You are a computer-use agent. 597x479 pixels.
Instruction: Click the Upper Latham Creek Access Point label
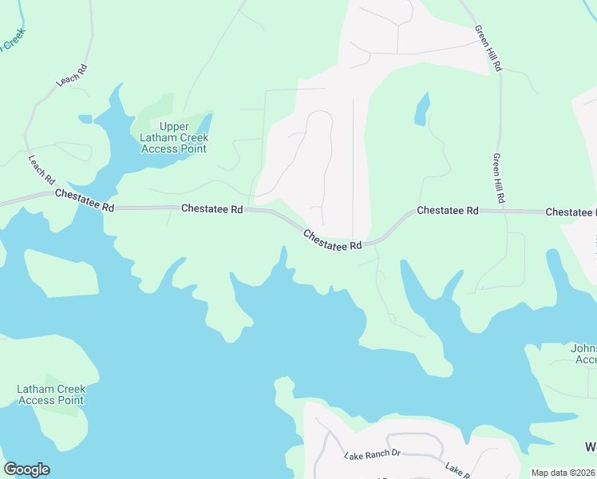click(173, 137)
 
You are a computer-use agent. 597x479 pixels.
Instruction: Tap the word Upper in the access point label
click(174, 127)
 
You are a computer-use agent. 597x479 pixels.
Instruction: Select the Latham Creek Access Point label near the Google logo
click(51, 394)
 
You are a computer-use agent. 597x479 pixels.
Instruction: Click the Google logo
click(26, 469)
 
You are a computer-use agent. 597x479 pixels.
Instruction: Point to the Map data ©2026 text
click(563, 473)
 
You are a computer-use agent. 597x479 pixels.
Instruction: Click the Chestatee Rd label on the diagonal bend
click(332, 240)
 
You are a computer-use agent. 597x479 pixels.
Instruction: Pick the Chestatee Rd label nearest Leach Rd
click(85, 200)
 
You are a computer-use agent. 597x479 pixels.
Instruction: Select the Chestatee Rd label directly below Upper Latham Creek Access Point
click(212, 208)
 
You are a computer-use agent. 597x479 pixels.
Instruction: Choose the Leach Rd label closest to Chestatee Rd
click(40, 167)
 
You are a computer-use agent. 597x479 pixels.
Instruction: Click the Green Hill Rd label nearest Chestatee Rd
click(500, 176)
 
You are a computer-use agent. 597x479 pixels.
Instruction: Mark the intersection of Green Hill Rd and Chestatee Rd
click(504, 211)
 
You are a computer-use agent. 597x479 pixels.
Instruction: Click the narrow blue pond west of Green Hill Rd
click(421, 109)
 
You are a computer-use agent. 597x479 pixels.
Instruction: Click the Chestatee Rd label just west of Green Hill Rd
click(447, 211)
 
